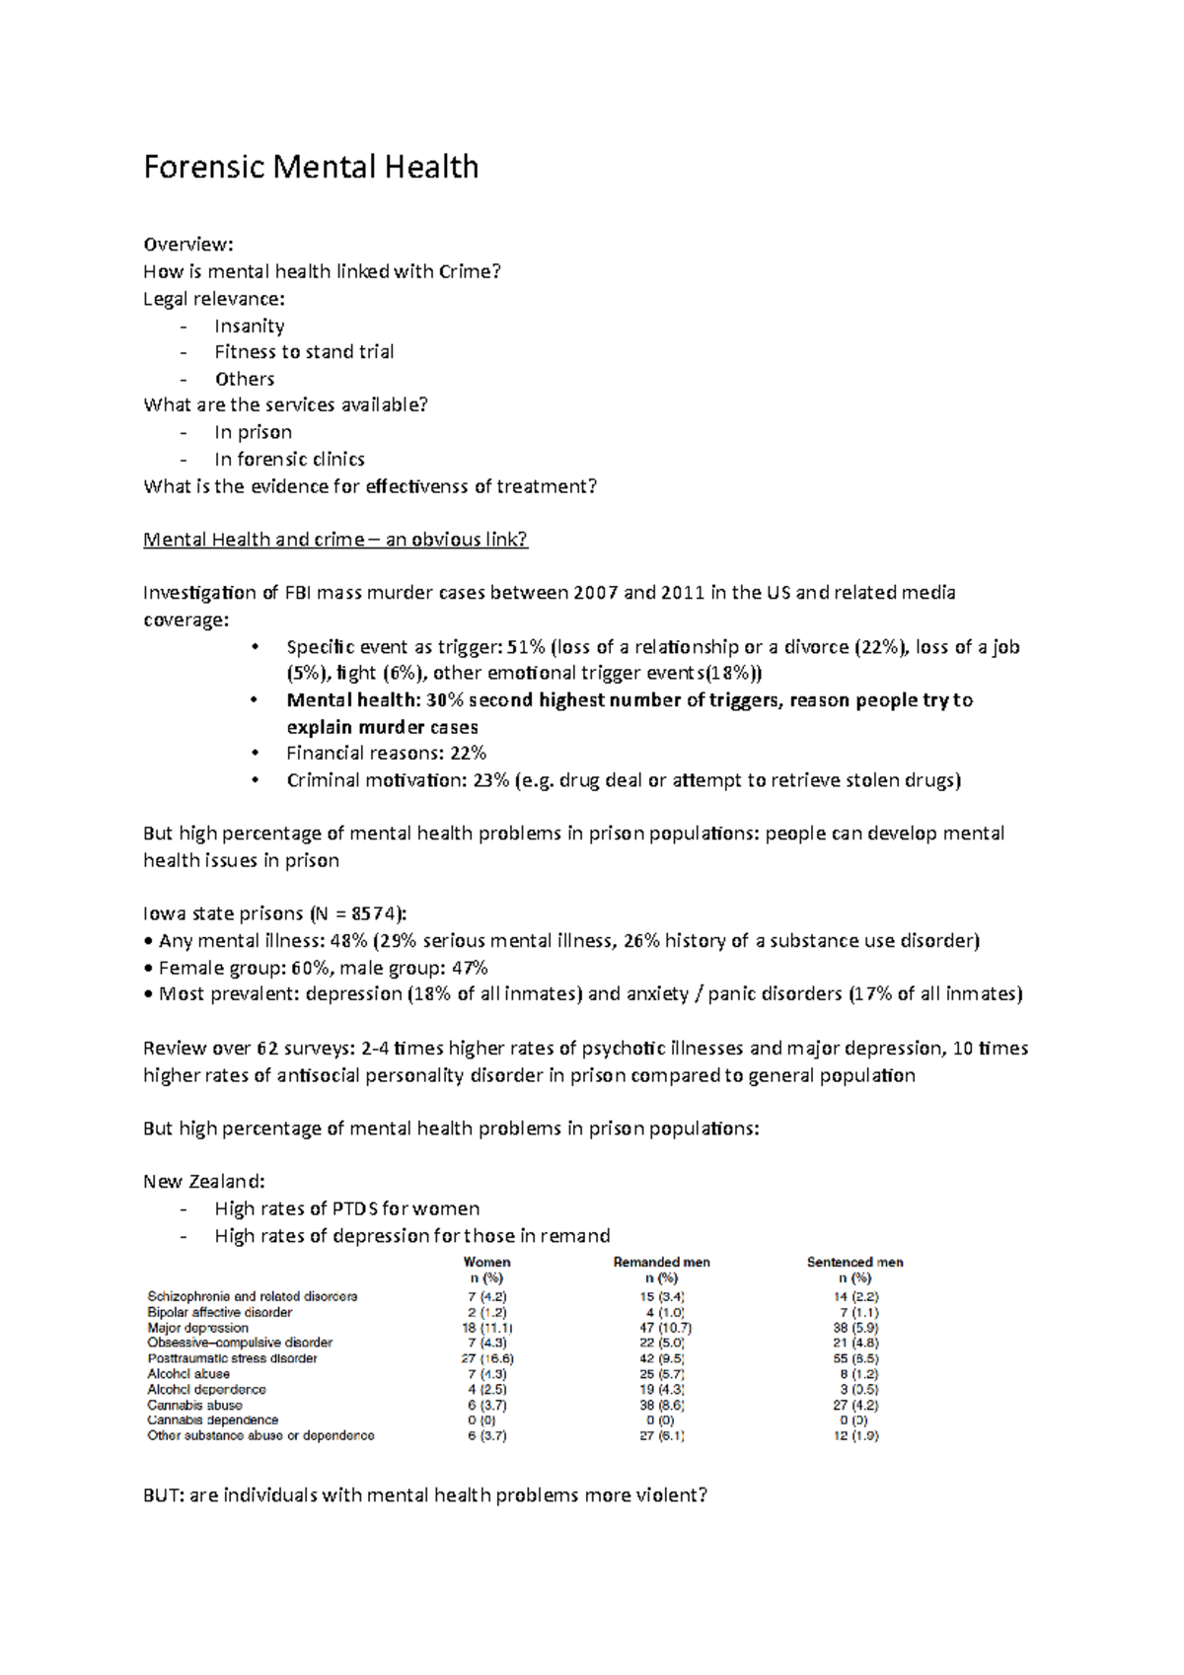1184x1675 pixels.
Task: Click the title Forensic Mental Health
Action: pyautogui.click(x=311, y=167)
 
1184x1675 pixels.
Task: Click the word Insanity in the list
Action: pyautogui.click(x=250, y=326)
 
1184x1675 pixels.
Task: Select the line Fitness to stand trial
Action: pyautogui.click(x=304, y=352)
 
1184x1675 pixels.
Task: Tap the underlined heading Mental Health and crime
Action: pyautogui.click(x=335, y=540)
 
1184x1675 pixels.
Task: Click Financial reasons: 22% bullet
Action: pyautogui.click(x=386, y=754)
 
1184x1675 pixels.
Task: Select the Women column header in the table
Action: pyautogui.click(x=486, y=1263)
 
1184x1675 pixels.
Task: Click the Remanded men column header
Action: pyautogui.click(x=661, y=1263)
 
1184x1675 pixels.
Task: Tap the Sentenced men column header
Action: pyautogui.click(x=854, y=1263)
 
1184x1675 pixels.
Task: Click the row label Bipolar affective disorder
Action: pyautogui.click(x=220, y=1313)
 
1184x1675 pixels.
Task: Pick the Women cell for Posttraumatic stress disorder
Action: pyautogui.click(x=487, y=1358)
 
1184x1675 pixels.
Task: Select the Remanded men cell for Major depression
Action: pyautogui.click(x=661, y=1328)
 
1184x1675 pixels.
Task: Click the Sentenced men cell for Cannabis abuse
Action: pyautogui.click(x=854, y=1405)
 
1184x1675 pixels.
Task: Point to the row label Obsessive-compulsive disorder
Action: pyautogui.click(x=240, y=1343)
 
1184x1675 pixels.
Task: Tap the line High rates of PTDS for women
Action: pyautogui.click(x=346, y=1209)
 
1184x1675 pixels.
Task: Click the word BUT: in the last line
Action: pyautogui.click(x=163, y=1495)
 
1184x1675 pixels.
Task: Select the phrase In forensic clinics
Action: pyautogui.click(x=289, y=460)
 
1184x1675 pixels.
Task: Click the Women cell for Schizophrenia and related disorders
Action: pyautogui.click(x=487, y=1297)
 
